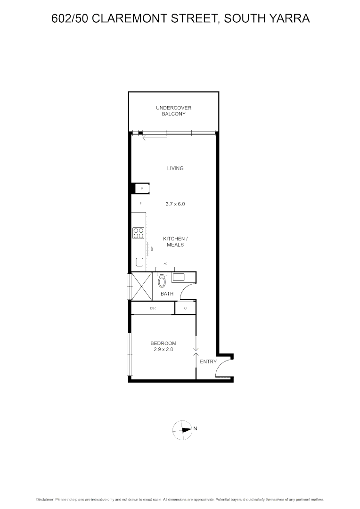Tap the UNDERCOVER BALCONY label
click(173, 111)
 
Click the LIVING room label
click(175, 168)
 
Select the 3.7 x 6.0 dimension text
click(175, 204)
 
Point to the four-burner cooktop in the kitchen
click(139, 233)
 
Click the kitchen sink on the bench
click(139, 262)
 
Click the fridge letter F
click(140, 204)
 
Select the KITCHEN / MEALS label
click(175, 242)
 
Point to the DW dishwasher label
click(152, 248)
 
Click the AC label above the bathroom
click(165, 264)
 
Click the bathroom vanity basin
click(180, 277)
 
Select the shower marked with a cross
click(142, 286)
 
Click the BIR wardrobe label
click(153, 308)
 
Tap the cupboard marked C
click(186, 308)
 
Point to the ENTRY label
click(208, 361)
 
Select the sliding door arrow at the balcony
click(154, 137)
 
